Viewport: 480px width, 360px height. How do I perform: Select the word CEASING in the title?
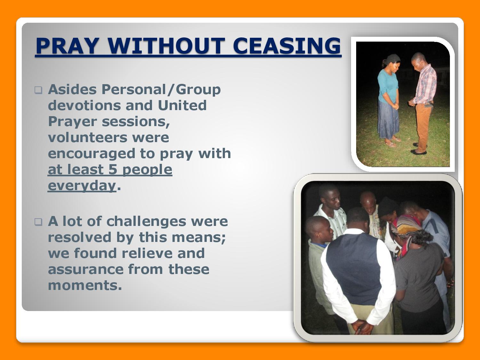[x=287, y=45]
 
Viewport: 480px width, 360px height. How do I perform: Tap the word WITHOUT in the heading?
[x=166, y=45]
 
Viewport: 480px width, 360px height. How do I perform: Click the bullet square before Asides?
[x=38, y=90]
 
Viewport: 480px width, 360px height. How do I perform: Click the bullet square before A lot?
[x=38, y=222]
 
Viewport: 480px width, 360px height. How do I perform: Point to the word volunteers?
[x=108, y=138]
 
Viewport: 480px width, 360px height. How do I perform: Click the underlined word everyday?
[x=82, y=186]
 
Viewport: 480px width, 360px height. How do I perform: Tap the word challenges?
[x=146, y=222]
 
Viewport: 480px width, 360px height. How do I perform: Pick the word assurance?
[x=85, y=269]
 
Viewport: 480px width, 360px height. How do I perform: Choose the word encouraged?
[x=92, y=154]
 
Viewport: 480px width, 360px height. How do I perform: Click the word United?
[x=182, y=105]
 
